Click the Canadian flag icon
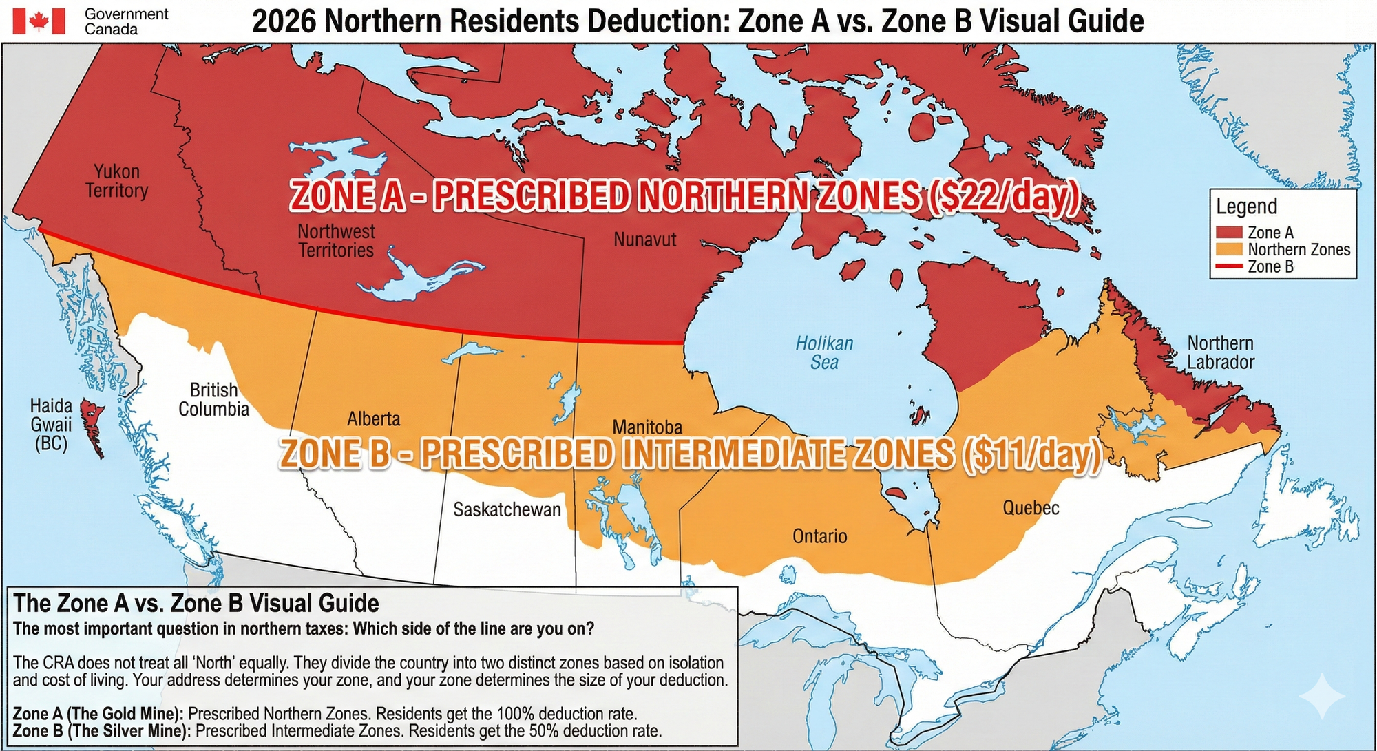click(x=39, y=21)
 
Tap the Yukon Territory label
click(x=116, y=181)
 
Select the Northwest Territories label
click(x=336, y=241)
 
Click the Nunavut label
click(x=644, y=240)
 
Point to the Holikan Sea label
click(x=824, y=352)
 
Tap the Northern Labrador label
click(x=1220, y=352)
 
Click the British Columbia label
click(x=213, y=400)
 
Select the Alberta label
click(x=373, y=419)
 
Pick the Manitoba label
click(x=647, y=427)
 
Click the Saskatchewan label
click(x=507, y=509)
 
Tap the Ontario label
click(x=819, y=536)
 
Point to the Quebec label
click(x=1030, y=508)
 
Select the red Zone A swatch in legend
click(x=1229, y=233)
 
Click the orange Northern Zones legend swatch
click(x=1229, y=249)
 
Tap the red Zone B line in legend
click(x=1229, y=266)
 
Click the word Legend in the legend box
click(x=1246, y=207)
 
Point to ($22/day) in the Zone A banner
click(x=1002, y=197)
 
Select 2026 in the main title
click(x=284, y=21)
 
